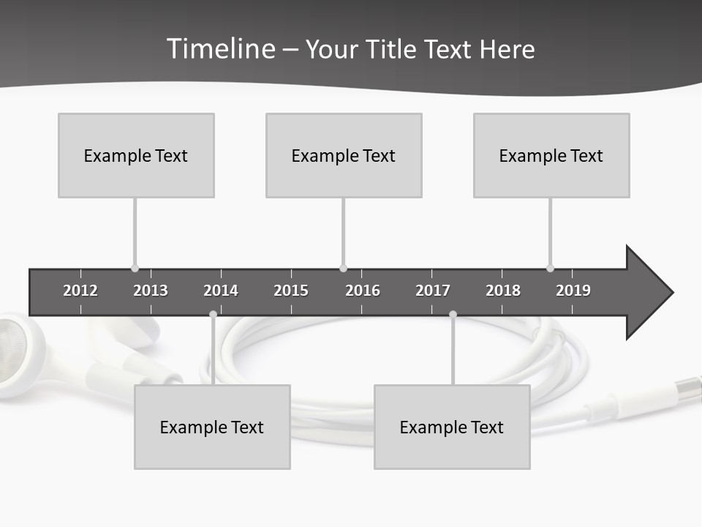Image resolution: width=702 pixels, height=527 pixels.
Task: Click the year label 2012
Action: point(80,291)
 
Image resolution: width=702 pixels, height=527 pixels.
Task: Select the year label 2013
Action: point(151,291)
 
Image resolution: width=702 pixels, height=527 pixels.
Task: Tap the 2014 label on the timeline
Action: point(221,291)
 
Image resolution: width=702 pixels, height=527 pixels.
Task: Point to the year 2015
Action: point(291,291)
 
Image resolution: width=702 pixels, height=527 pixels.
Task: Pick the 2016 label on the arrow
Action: point(363,291)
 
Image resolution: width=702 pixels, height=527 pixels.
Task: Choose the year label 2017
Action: point(433,291)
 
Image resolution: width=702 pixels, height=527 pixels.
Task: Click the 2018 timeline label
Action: point(503,291)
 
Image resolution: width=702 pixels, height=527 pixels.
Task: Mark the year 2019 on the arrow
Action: point(573,291)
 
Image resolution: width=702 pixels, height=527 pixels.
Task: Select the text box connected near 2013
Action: point(136,155)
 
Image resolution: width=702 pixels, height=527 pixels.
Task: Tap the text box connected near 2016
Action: point(344,155)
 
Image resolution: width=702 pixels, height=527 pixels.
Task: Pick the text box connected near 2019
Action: point(551,155)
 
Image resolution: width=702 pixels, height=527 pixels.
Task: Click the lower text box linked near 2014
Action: point(212,427)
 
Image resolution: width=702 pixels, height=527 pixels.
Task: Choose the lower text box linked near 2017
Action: point(452,427)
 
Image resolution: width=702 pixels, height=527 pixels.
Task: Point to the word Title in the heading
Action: point(393,49)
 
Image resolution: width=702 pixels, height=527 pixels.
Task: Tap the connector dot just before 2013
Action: point(135,269)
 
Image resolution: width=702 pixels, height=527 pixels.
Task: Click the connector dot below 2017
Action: point(453,315)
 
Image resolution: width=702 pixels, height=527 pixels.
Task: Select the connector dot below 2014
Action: point(213,315)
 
